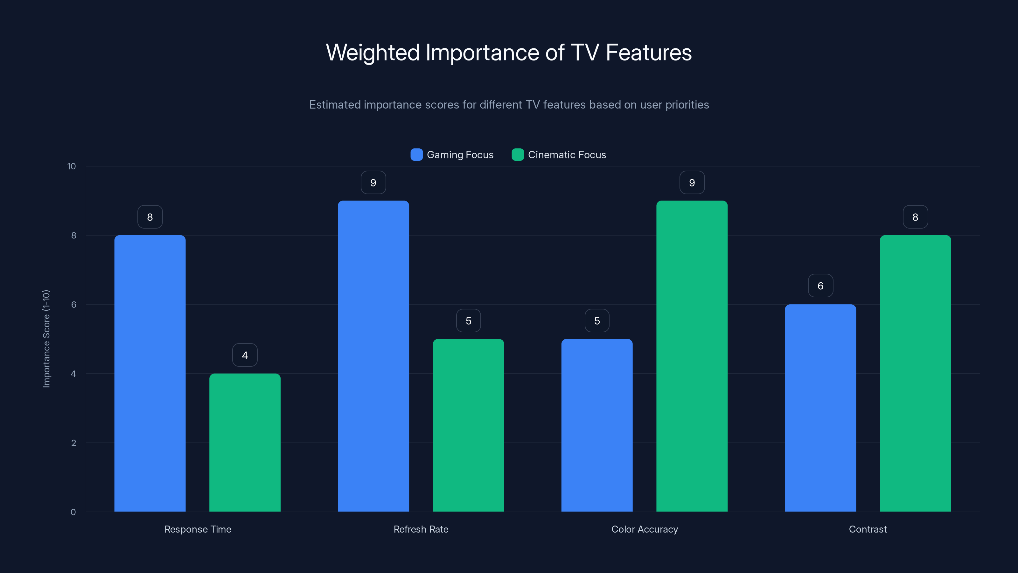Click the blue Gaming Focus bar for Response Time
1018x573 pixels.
[150, 373]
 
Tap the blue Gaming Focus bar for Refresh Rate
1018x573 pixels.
[373, 356]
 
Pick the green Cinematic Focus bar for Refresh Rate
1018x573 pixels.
[468, 425]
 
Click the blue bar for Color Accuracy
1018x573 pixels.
[597, 425]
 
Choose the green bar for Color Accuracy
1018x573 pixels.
[692, 356]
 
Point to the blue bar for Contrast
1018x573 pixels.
[820, 408]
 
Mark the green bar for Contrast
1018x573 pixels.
[915, 373]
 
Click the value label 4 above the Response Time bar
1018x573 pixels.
[245, 355]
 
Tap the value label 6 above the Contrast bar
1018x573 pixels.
[820, 286]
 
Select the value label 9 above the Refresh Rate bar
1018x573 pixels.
[373, 182]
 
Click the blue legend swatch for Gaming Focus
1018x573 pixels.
[416, 155]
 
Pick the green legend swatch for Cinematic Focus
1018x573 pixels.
[518, 155]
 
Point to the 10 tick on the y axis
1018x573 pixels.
[72, 166]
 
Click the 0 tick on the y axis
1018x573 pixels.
[73, 512]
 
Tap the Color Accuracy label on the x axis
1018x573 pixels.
[645, 529]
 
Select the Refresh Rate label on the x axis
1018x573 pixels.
[421, 529]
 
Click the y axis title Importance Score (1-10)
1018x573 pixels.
[46, 339]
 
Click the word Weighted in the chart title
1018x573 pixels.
[372, 53]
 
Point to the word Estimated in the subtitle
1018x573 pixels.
[335, 105]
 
